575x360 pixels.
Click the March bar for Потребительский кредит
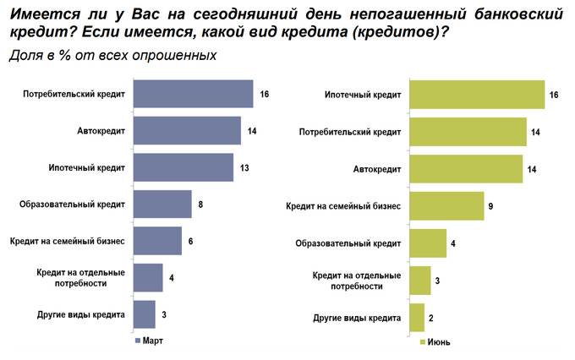[193, 94]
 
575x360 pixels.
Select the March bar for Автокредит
[187, 130]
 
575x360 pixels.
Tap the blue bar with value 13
[183, 167]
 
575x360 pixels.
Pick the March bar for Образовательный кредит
[162, 204]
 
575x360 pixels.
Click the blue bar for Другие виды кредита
[145, 314]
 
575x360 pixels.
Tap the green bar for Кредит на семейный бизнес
[446, 205]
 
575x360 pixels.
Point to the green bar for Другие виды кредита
[416, 318]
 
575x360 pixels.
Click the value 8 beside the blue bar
[200, 205]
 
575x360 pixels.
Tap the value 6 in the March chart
[190, 242]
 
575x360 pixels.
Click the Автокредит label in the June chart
[376, 168]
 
